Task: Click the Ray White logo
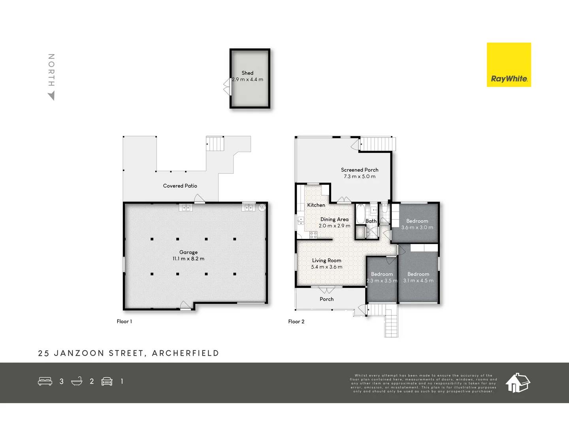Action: click(x=509, y=65)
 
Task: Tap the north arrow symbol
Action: click(x=51, y=95)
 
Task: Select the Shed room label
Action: click(x=247, y=73)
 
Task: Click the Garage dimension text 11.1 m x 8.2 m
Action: click(x=188, y=259)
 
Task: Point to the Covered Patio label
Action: click(x=180, y=186)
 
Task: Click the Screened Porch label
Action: click(x=360, y=170)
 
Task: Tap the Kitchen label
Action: click(x=316, y=205)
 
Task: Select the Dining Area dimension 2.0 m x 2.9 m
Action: click(x=334, y=226)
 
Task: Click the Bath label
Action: click(x=371, y=221)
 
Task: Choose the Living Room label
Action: click(x=326, y=261)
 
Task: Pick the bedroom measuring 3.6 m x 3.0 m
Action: click(x=417, y=224)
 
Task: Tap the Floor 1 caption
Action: click(x=124, y=321)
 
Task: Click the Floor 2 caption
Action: click(x=296, y=321)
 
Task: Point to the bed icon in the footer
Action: click(x=45, y=381)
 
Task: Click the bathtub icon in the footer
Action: click(x=77, y=381)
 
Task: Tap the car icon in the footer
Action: click(x=107, y=381)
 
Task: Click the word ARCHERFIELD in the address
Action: click(x=185, y=353)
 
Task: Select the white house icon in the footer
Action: click(x=518, y=382)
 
